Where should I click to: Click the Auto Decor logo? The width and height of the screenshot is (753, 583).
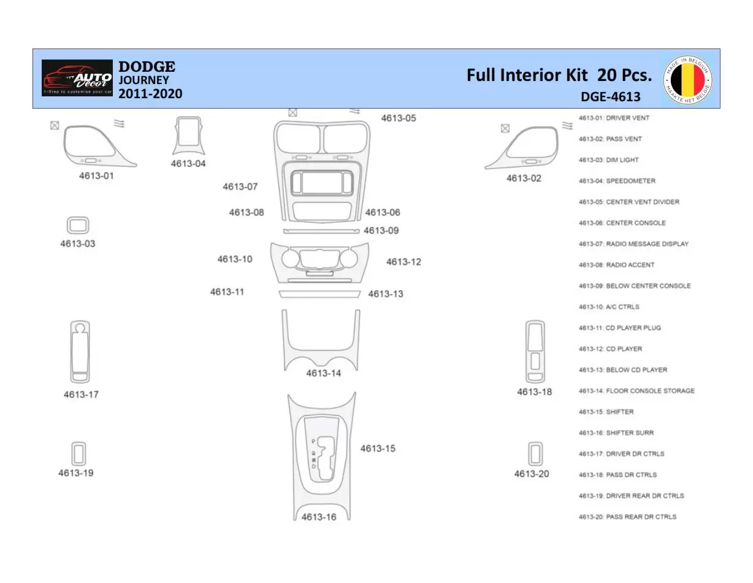click(x=77, y=78)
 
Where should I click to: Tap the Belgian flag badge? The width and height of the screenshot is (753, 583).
click(x=687, y=80)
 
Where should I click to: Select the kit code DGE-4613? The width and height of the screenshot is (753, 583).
click(x=610, y=97)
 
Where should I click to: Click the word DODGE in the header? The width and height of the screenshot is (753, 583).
click(x=147, y=66)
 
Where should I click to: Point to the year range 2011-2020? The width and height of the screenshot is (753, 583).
click(x=150, y=94)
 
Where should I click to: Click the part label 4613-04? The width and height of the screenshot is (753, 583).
click(x=188, y=164)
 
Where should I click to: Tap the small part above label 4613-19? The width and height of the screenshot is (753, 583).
click(x=78, y=454)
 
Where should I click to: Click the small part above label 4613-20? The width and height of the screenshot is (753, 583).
click(x=535, y=454)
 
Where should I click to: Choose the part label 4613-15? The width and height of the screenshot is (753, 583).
click(x=378, y=449)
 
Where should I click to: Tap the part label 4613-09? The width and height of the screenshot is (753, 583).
click(x=381, y=231)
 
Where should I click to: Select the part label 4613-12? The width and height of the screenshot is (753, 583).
click(x=403, y=262)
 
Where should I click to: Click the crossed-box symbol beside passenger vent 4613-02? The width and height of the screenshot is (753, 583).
click(x=505, y=128)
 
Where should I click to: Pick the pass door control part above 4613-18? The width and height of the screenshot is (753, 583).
click(x=535, y=351)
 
